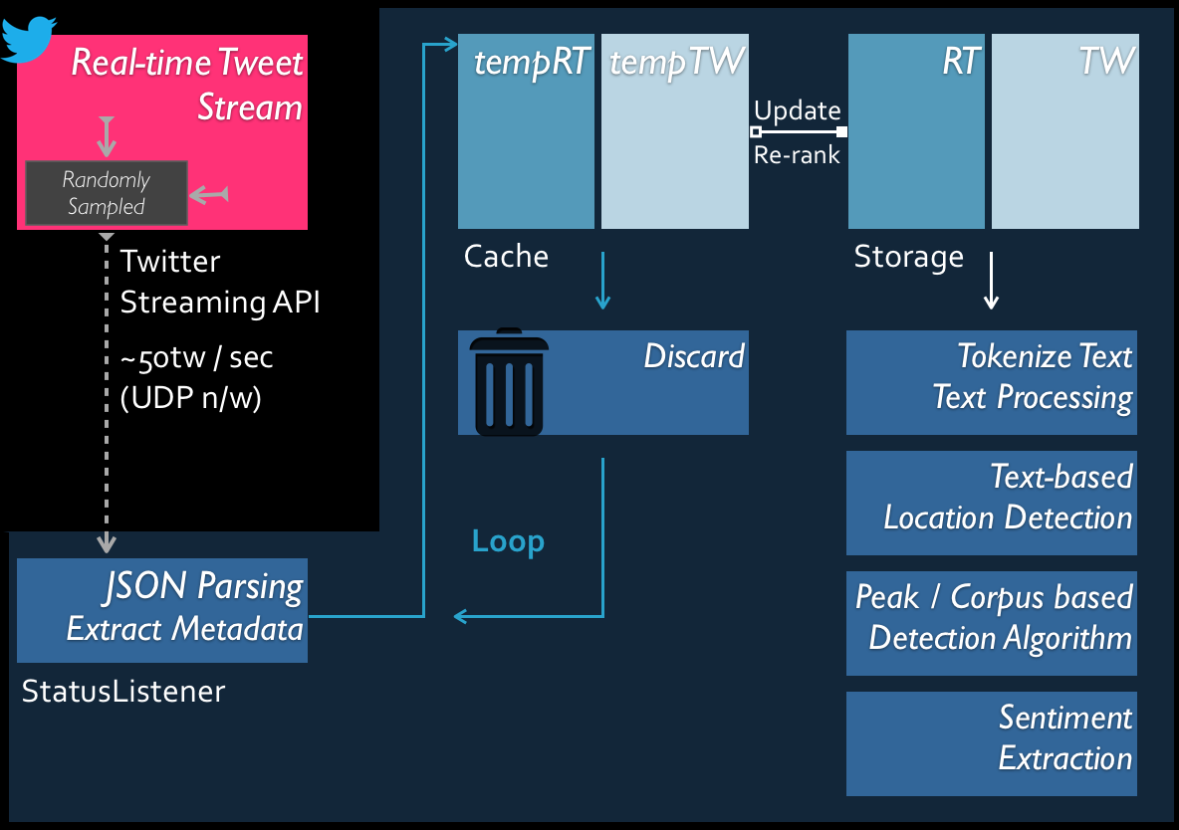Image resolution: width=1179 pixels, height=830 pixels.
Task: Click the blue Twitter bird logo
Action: tap(29, 38)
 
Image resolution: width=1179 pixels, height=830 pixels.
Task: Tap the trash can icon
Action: tap(509, 383)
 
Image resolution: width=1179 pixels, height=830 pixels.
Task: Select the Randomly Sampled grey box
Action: tap(106, 193)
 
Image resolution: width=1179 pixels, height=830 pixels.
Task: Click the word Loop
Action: tap(508, 542)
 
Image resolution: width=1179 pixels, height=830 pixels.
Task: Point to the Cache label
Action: tap(506, 257)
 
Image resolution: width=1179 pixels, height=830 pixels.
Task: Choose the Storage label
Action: tap(908, 258)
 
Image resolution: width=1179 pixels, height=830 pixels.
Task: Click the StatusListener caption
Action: tap(123, 692)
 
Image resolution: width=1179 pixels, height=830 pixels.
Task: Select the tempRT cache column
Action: tap(527, 130)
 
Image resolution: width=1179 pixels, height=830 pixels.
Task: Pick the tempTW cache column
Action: tap(675, 130)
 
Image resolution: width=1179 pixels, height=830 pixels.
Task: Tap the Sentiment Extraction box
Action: tap(992, 743)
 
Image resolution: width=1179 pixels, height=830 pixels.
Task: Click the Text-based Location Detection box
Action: tap(992, 503)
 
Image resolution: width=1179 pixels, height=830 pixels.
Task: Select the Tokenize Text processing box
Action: tap(992, 383)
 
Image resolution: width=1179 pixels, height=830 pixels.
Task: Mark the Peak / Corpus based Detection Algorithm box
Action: tap(992, 623)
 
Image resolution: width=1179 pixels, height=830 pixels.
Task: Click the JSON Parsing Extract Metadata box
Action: tap(162, 610)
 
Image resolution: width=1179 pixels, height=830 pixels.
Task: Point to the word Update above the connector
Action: tap(797, 111)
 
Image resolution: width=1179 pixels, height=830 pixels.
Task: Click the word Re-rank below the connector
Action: tap(797, 155)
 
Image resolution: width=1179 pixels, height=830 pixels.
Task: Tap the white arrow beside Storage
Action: tap(991, 281)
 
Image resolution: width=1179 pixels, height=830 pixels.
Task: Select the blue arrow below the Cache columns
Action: tap(602, 281)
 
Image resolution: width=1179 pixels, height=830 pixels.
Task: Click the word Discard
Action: tap(694, 356)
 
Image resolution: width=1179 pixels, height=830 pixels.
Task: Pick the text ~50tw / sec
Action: tap(196, 358)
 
